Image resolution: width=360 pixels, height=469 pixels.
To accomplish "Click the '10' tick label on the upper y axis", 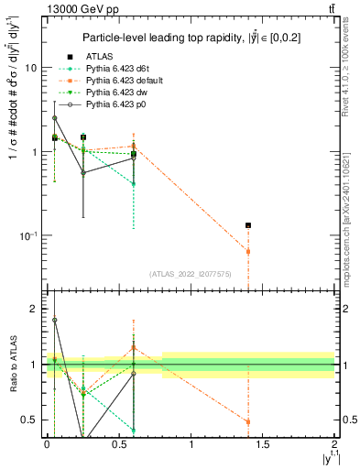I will [x=30, y=69].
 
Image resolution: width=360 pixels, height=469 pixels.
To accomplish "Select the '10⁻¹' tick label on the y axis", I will [x=27, y=235].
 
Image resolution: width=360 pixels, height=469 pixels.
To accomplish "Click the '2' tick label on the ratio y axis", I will [x=33, y=310].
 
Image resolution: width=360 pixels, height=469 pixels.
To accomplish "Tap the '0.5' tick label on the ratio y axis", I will [x=29, y=420].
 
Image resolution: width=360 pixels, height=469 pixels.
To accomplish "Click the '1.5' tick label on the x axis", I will [x=263, y=443].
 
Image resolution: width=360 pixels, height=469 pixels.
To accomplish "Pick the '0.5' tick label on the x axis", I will [x=119, y=443].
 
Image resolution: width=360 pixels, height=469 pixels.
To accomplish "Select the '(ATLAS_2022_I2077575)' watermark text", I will [x=191, y=273].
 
